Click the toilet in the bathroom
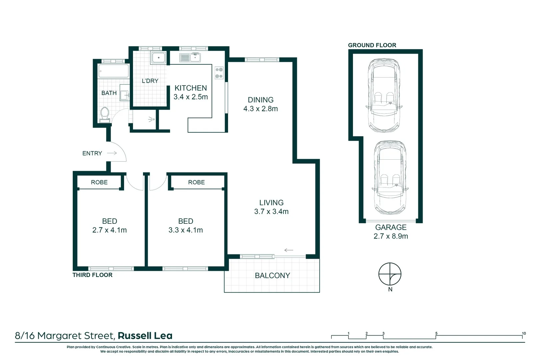tap(105, 114)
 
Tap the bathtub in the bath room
tap(113, 71)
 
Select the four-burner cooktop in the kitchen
tap(219, 73)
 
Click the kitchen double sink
tap(190, 58)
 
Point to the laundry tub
tap(159, 58)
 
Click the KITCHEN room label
tap(191, 88)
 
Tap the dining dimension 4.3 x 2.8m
tap(260, 109)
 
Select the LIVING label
tap(271, 203)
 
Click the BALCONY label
tap(272, 275)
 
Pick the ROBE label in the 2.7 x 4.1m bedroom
tap(99, 182)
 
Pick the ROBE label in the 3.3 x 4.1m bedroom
tap(196, 182)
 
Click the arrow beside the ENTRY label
tap(112, 153)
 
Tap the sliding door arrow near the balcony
tap(289, 250)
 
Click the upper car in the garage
tap(384, 95)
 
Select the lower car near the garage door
tap(390, 177)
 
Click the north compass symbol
tap(390, 274)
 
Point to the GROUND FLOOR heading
tap(372, 45)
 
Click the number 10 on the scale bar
tap(524, 333)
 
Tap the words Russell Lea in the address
tap(145, 336)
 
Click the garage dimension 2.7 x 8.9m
tap(391, 236)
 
